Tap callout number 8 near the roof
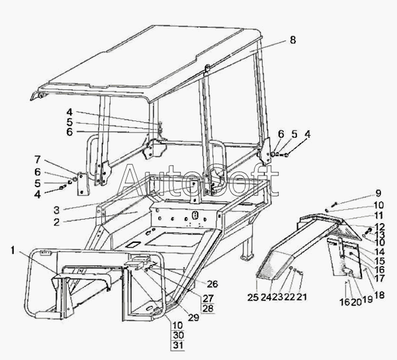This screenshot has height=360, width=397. coord(292,40)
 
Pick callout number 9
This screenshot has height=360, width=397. coord(378,193)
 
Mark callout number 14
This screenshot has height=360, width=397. coord(378,252)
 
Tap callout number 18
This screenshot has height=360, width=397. coord(378,294)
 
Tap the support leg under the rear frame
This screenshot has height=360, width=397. coord(247,252)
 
